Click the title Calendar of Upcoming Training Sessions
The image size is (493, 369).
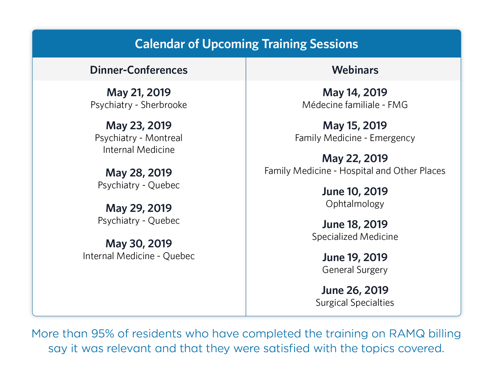click(x=246, y=44)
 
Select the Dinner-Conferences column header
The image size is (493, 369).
click(x=138, y=70)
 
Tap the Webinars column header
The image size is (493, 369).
click(x=355, y=70)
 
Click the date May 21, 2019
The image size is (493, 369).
click(x=138, y=92)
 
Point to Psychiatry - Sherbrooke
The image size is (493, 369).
click(x=138, y=105)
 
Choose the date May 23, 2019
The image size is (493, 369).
click(x=138, y=125)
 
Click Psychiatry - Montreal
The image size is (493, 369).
click(x=138, y=138)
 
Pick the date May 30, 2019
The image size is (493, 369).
click(x=138, y=244)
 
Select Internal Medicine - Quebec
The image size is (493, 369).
click(x=138, y=256)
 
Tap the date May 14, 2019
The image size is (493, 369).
click(x=355, y=93)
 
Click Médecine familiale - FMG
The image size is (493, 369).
click(x=355, y=105)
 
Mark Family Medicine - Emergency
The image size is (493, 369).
click(x=355, y=138)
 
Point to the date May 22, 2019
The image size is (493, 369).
click(x=355, y=159)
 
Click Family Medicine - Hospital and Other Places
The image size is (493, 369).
click(x=355, y=171)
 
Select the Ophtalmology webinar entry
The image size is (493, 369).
click(x=355, y=204)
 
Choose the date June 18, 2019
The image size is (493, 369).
click(x=355, y=224)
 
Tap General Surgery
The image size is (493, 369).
click(x=355, y=270)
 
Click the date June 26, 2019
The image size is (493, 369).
click(x=355, y=290)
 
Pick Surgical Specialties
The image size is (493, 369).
click(x=355, y=303)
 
